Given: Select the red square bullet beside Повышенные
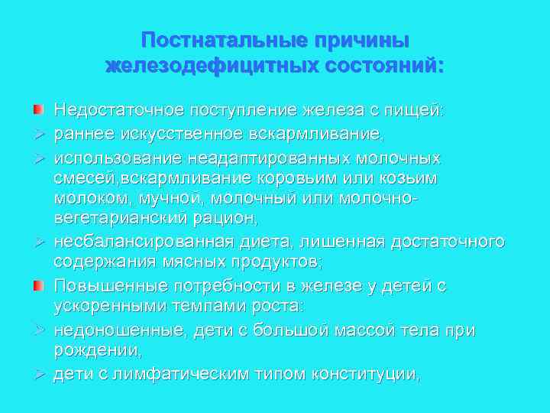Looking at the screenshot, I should (x=37, y=286).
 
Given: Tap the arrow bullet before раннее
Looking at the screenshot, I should (x=37, y=135).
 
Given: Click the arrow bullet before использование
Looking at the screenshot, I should (x=37, y=158).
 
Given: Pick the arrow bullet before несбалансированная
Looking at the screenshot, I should (x=37, y=242).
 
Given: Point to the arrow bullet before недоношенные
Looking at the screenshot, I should (x=37, y=330).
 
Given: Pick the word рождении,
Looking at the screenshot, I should (x=98, y=351).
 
